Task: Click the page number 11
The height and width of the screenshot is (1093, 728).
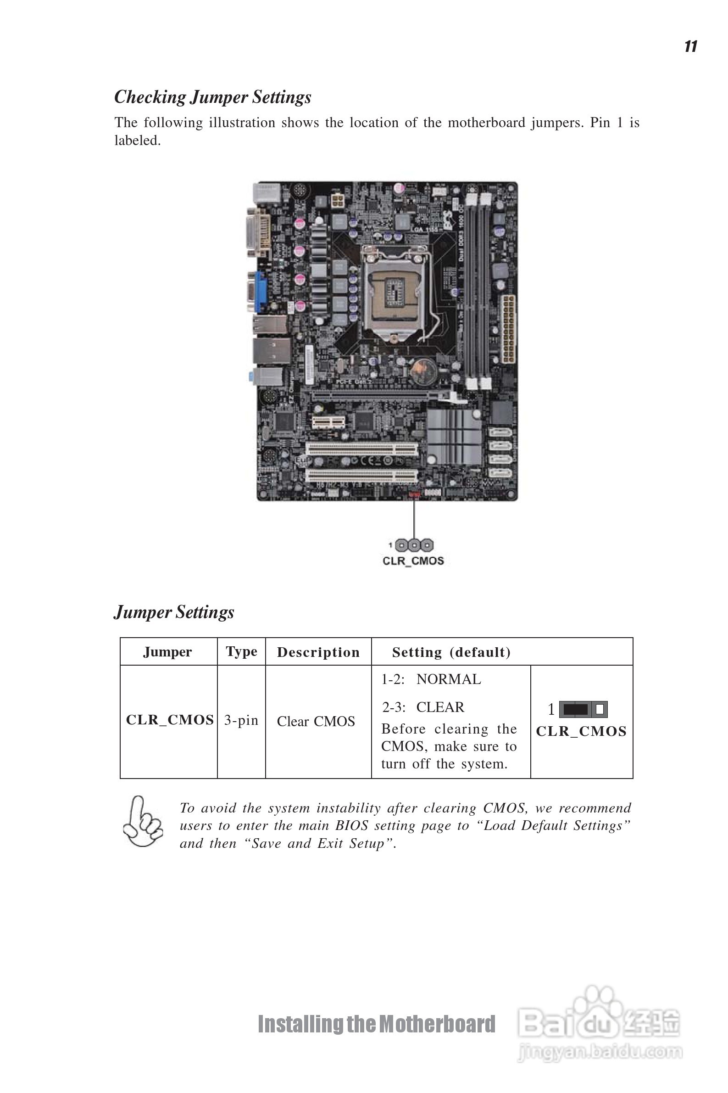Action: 691,46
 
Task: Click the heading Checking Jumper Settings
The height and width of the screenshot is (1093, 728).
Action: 213,97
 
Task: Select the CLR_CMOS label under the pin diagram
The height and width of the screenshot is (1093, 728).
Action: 413,561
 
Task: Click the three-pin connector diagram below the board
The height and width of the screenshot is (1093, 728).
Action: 414,545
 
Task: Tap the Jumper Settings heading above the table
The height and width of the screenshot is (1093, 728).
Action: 174,612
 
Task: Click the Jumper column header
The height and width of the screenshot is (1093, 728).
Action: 167,652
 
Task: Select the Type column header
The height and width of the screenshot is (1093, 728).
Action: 241,652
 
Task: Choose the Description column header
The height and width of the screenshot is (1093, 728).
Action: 318,652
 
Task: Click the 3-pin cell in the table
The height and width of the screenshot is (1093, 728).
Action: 241,720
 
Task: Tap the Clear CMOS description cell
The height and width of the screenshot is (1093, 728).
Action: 316,721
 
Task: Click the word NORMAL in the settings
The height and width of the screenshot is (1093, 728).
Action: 449,679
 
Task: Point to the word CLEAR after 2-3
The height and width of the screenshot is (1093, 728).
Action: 439,707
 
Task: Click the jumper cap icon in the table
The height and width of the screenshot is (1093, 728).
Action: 583,709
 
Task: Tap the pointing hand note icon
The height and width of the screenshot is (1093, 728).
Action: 143,822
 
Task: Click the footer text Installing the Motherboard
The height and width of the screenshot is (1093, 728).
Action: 377,1024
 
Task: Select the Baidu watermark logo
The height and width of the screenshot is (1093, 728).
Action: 599,1022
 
